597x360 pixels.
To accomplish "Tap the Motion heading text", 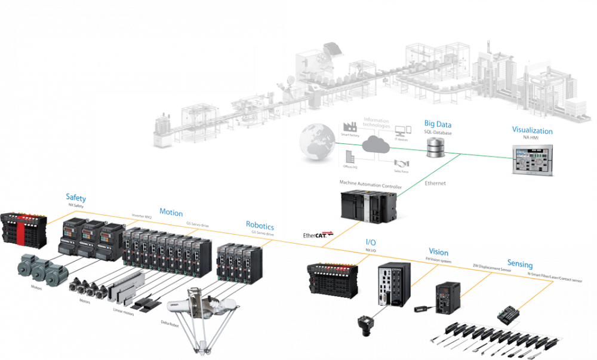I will click(x=171, y=213).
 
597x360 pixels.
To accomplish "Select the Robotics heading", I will click(x=260, y=226).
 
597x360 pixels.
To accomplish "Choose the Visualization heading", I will click(x=532, y=131).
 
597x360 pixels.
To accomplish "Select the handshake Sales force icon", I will click(x=401, y=164).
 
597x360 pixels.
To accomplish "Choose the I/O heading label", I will click(x=371, y=242).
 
